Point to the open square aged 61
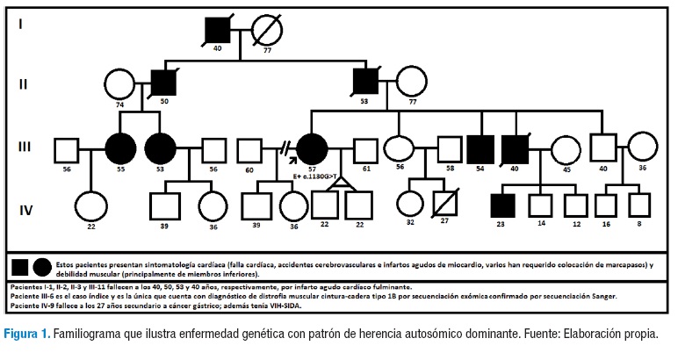point(365,150)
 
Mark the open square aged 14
point(541,207)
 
